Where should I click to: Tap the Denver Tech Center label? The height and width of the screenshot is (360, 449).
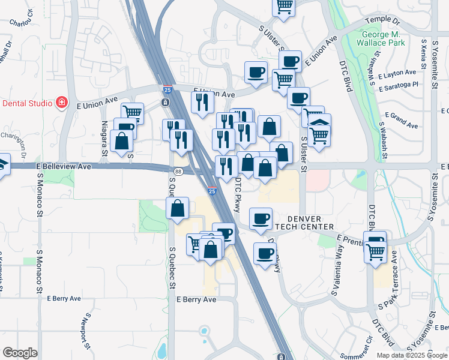310,223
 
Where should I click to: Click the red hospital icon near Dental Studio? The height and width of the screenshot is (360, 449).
61,103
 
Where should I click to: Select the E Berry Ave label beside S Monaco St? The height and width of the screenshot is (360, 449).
64,298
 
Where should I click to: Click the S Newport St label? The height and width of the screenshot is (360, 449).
85,331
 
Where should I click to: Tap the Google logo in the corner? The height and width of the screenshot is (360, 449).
20,353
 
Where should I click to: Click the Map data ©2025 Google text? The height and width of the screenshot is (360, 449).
411,355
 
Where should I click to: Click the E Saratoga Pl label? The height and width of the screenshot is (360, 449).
398,86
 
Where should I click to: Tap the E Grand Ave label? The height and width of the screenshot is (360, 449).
402,121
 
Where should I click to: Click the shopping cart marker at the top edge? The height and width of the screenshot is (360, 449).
283,7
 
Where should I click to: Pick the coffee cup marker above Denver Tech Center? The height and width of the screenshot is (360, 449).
261,220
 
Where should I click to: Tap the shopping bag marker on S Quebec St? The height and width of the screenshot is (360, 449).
178,209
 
